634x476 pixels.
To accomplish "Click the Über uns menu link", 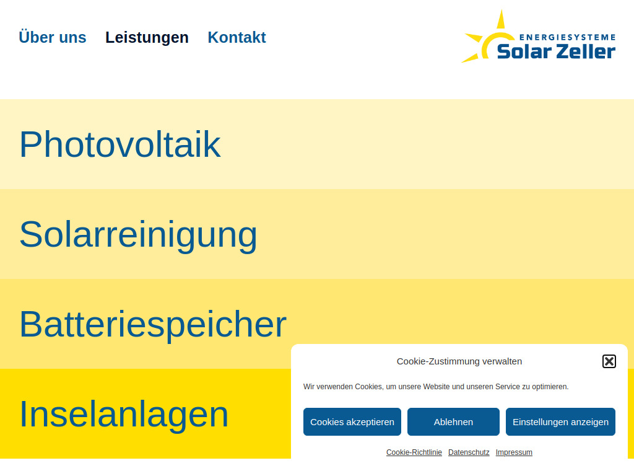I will (x=53, y=37).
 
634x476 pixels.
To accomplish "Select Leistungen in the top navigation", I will (x=147, y=37).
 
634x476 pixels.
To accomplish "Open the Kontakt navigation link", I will (x=237, y=37).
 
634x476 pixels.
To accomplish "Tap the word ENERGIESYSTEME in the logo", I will (x=567, y=37).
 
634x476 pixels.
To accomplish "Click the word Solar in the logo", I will (x=524, y=51).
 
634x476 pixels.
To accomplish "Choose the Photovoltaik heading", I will (x=119, y=144).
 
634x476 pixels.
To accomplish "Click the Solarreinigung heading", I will (x=138, y=234).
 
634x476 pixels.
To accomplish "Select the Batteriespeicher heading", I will (x=152, y=324).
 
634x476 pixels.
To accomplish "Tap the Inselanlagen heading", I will (x=124, y=413).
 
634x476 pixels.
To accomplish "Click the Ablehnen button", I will (x=453, y=421).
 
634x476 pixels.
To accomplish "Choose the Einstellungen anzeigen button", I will (x=560, y=421).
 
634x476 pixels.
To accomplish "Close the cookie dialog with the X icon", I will (x=609, y=361).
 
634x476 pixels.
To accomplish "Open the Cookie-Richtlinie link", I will (x=414, y=452).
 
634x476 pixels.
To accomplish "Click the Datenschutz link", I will (x=469, y=452).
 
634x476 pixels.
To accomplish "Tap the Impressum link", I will (x=514, y=452).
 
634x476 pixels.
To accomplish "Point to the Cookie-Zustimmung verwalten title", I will (x=459, y=361).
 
